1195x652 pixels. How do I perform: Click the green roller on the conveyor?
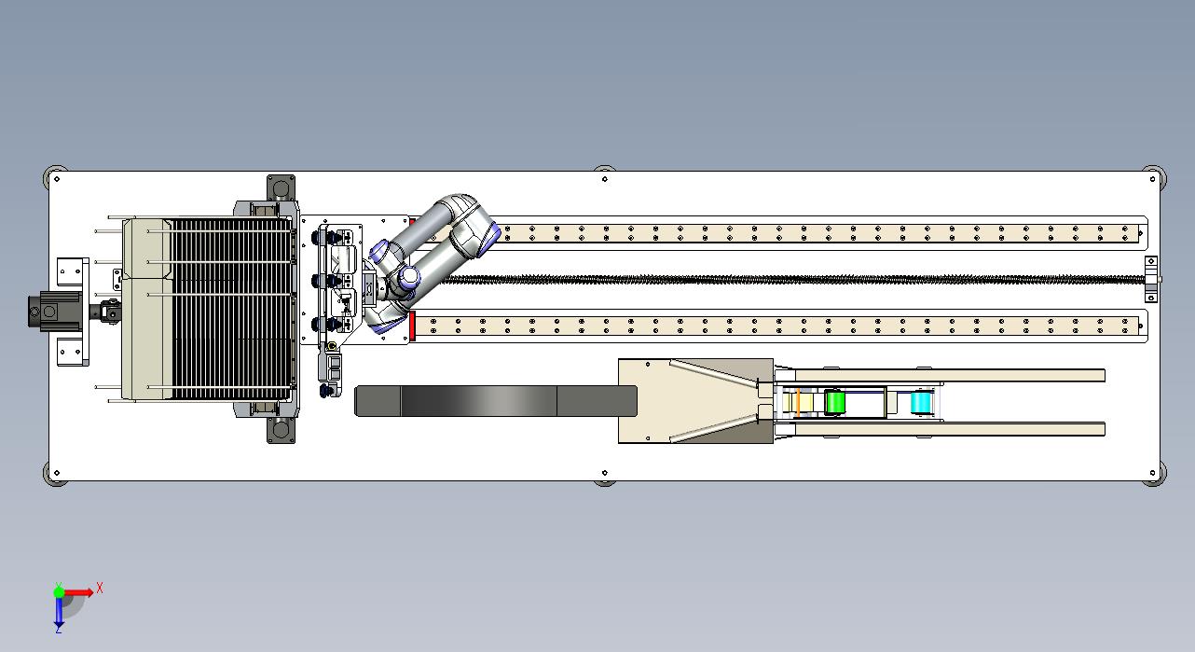pyautogui.click(x=834, y=402)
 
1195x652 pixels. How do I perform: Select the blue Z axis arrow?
pyautogui.click(x=59, y=610)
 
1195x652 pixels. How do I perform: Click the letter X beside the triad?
pyautogui.click(x=100, y=589)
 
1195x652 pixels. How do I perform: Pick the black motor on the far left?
pyautogui.click(x=54, y=311)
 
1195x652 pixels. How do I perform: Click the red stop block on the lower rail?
pyautogui.click(x=412, y=326)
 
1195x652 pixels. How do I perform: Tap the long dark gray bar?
pyautogui.click(x=496, y=400)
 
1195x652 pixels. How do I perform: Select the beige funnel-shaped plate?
pyautogui.click(x=695, y=400)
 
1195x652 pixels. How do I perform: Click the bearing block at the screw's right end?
pyautogui.click(x=1151, y=279)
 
